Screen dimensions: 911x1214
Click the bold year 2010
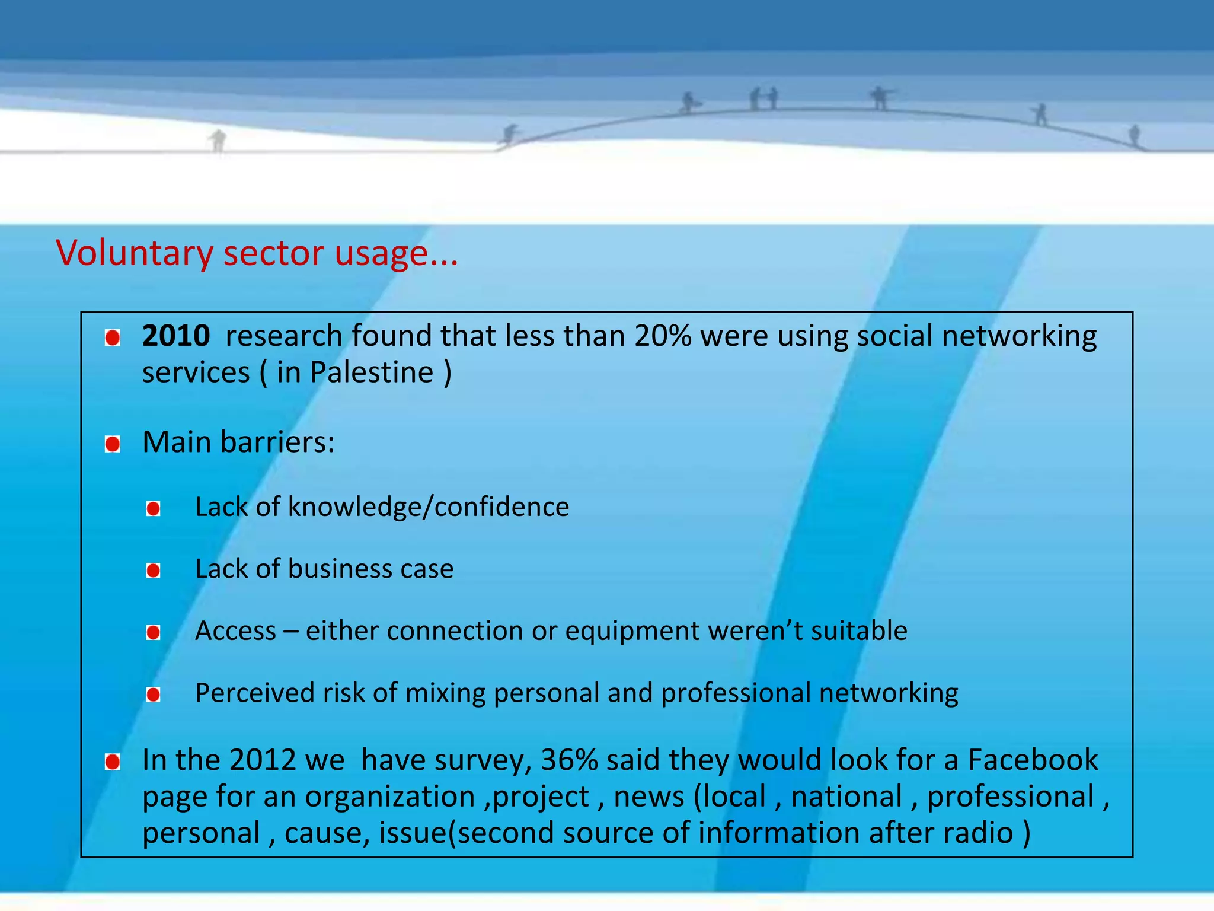pyautogui.click(x=175, y=336)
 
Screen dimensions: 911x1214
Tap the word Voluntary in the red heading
pyautogui.click(x=134, y=254)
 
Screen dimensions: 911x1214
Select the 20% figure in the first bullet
pyautogui.click(x=662, y=336)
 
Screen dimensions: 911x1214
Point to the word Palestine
pyautogui.click(x=372, y=373)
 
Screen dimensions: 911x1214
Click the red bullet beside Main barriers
pyautogui.click(x=113, y=444)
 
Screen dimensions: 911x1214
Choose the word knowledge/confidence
pyautogui.click(x=428, y=507)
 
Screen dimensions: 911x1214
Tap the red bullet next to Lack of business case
pyautogui.click(x=154, y=571)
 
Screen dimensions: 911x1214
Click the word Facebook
pyautogui.click(x=1033, y=760)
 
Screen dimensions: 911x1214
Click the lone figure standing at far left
pyautogui.click(x=218, y=140)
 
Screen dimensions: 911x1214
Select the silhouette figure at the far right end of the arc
pyautogui.click(x=1135, y=135)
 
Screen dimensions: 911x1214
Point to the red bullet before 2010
pyautogui.click(x=113, y=338)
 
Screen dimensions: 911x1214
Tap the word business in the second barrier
pyautogui.click(x=340, y=569)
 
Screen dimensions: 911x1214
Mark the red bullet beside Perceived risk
pyautogui.click(x=154, y=695)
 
